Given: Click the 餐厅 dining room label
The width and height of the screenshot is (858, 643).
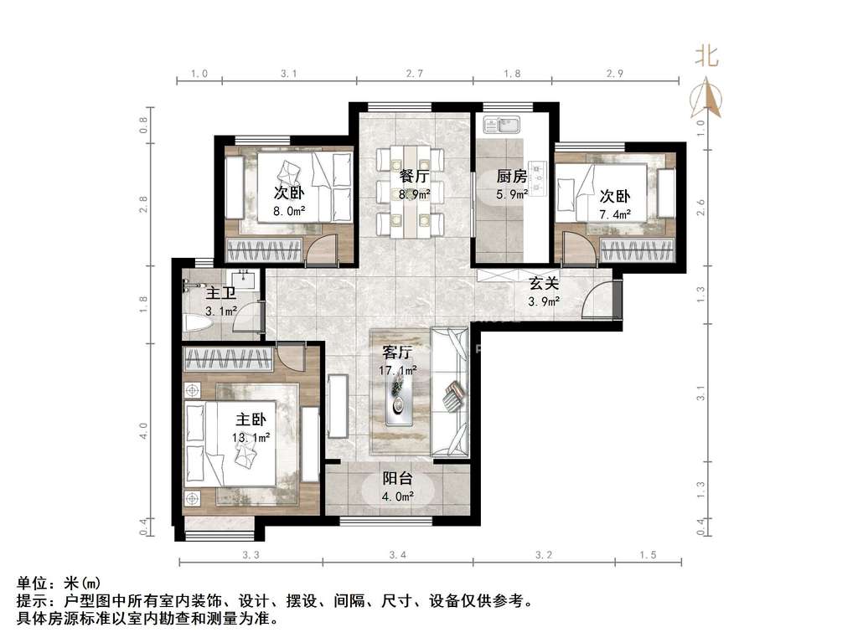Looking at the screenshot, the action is tap(414, 176).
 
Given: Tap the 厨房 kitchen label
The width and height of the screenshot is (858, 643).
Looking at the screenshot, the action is tap(512, 176).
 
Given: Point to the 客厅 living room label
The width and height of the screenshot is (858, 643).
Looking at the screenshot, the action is tap(397, 352).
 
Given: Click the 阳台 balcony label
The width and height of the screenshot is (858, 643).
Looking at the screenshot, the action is tap(397, 478).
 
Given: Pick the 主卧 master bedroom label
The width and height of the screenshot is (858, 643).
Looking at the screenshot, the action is tap(251, 419).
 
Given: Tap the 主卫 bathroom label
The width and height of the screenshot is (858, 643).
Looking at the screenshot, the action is tap(221, 293).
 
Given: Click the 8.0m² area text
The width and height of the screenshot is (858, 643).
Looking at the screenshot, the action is tap(289, 211).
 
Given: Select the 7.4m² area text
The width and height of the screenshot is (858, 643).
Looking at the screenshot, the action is tap(614, 214).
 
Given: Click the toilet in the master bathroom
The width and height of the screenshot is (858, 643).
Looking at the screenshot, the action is tap(197, 322).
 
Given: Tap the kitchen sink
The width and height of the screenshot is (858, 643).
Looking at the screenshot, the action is tap(503, 124).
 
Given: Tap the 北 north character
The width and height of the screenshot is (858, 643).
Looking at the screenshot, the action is tap(706, 56).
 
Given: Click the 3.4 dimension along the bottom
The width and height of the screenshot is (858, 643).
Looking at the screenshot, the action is tap(398, 555).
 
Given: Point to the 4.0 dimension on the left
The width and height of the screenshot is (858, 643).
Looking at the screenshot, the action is tap(143, 431).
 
